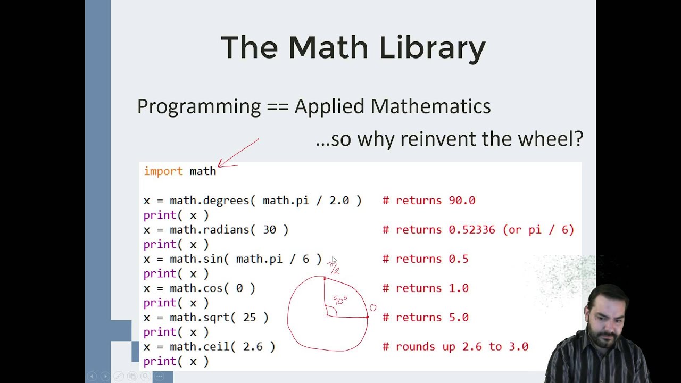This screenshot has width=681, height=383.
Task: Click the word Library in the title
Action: tap(432, 48)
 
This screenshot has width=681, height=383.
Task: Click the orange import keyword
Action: tap(163, 171)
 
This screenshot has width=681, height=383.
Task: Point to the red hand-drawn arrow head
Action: tap(220, 166)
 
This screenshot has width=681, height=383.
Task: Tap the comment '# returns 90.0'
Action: tap(429, 201)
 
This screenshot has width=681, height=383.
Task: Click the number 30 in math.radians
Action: tap(269, 230)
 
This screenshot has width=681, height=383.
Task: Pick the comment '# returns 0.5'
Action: tap(426, 259)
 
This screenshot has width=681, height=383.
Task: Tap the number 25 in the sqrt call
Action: tap(250, 318)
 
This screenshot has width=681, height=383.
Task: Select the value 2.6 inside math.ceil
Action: tap(253, 347)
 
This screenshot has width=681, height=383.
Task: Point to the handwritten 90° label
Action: tap(340, 300)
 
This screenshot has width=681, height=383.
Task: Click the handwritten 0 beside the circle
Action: tap(373, 308)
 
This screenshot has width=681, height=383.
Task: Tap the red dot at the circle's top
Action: tap(325, 278)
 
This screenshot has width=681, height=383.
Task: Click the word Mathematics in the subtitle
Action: tap(431, 106)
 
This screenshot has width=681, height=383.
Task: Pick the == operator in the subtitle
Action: tap(277, 107)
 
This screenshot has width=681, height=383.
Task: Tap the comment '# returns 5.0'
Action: tap(426, 318)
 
